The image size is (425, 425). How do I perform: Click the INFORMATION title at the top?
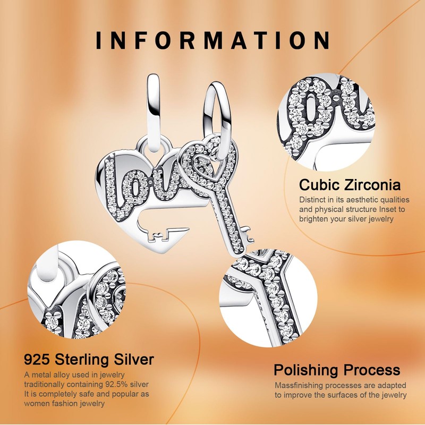coord(212,40)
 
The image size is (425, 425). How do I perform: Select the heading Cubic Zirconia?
coord(350,185)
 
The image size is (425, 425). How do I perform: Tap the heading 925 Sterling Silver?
coord(89,360)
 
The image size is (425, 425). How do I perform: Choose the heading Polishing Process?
coord(337,370)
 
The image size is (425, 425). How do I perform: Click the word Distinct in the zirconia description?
coord(313,200)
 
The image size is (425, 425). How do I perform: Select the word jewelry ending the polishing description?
coord(393,395)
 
